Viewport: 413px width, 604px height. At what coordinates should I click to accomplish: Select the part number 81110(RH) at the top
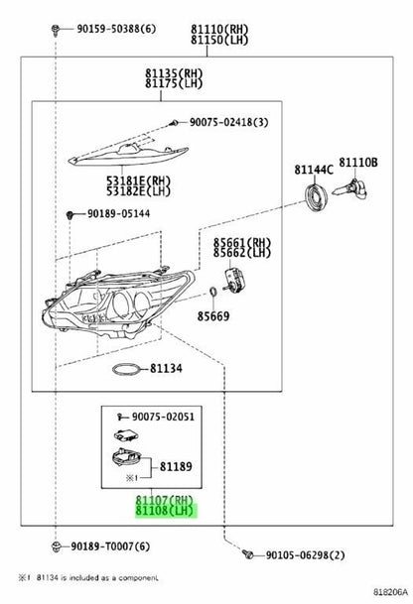[x=219, y=29]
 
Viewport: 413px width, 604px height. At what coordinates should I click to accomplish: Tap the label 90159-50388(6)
[x=116, y=29]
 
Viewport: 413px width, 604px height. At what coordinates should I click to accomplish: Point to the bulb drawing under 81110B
[x=350, y=189]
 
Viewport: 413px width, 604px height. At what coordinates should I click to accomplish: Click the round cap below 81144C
[x=317, y=198]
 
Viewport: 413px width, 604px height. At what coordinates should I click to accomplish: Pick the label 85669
[x=213, y=316]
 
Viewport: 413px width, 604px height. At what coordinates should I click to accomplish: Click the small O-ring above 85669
[x=212, y=293]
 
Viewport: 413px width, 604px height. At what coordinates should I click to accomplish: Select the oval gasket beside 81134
[x=125, y=370]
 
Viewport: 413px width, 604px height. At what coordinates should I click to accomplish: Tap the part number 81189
[x=176, y=467]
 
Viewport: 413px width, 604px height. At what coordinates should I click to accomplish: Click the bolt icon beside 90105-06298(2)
[x=247, y=554]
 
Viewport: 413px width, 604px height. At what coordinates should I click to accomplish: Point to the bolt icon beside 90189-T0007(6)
[x=56, y=545]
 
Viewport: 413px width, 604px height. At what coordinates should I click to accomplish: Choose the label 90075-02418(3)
[x=228, y=122]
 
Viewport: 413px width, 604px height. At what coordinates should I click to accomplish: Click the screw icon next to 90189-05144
[x=69, y=214]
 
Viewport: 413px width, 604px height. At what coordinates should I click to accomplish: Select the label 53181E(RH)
[x=138, y=181]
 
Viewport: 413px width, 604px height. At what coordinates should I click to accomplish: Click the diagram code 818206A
[x=390, y=592]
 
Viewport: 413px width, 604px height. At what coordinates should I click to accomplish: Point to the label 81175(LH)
[x=174, y=83]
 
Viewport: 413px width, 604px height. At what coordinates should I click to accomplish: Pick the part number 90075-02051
[x=163, y=417]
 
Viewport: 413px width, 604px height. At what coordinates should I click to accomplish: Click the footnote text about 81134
[x=88, y=578]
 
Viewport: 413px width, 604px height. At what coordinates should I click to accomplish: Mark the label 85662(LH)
[x=242, y=253]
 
